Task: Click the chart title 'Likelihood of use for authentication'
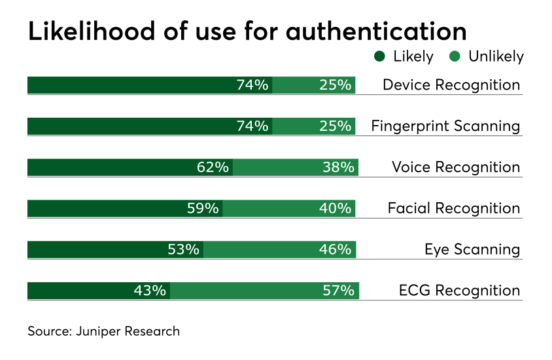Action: click(x=247, y=31)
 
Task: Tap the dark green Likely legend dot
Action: click(x=379, y=57)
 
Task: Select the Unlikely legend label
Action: click(x=496, y=57)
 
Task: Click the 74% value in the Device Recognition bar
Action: click(x=252, y=85)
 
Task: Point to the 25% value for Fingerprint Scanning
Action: click(x=336, y=126)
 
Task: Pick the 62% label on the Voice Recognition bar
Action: click(x=213, y=168)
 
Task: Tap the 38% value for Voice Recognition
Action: click(x=337, y=168)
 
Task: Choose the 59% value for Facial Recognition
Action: click(x=203, y=209)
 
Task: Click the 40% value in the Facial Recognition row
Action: click(x=336, y=209)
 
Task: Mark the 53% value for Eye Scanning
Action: click(x=183, y=249)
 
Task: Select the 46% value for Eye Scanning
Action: click(x=336, y=249)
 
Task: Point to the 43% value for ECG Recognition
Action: click(x=150, y=291)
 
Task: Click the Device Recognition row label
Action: click(x=451, y=85)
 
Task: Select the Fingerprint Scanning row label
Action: click(x=445, y=126)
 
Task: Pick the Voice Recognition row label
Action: click(x=456, y=168)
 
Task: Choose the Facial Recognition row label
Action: click(x=454, y=209)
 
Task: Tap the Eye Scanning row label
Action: click(x=472, y=249)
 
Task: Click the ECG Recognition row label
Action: click(x=459, y=291)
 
